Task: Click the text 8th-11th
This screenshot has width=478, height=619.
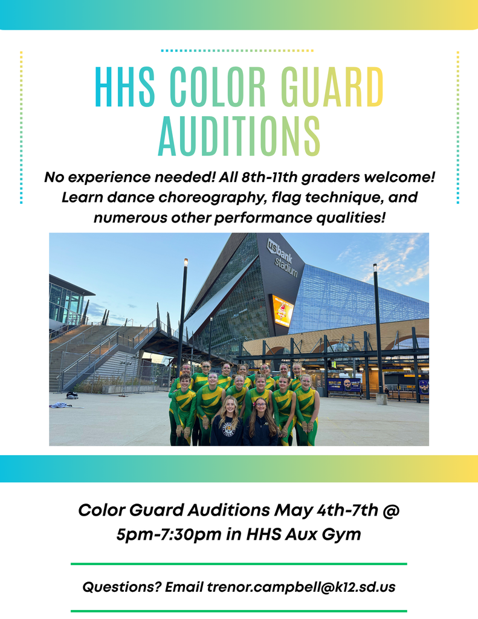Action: (297, 178)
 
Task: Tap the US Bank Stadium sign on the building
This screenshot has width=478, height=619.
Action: (283, 258)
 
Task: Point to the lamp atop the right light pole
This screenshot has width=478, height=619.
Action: (375, 267)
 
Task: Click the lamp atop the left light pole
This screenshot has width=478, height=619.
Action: (186, 262)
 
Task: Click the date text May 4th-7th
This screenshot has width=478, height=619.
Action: (326, 510)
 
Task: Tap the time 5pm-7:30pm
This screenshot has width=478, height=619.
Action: (161, 534)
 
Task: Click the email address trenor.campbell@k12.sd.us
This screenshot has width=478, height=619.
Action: (300, 586)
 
